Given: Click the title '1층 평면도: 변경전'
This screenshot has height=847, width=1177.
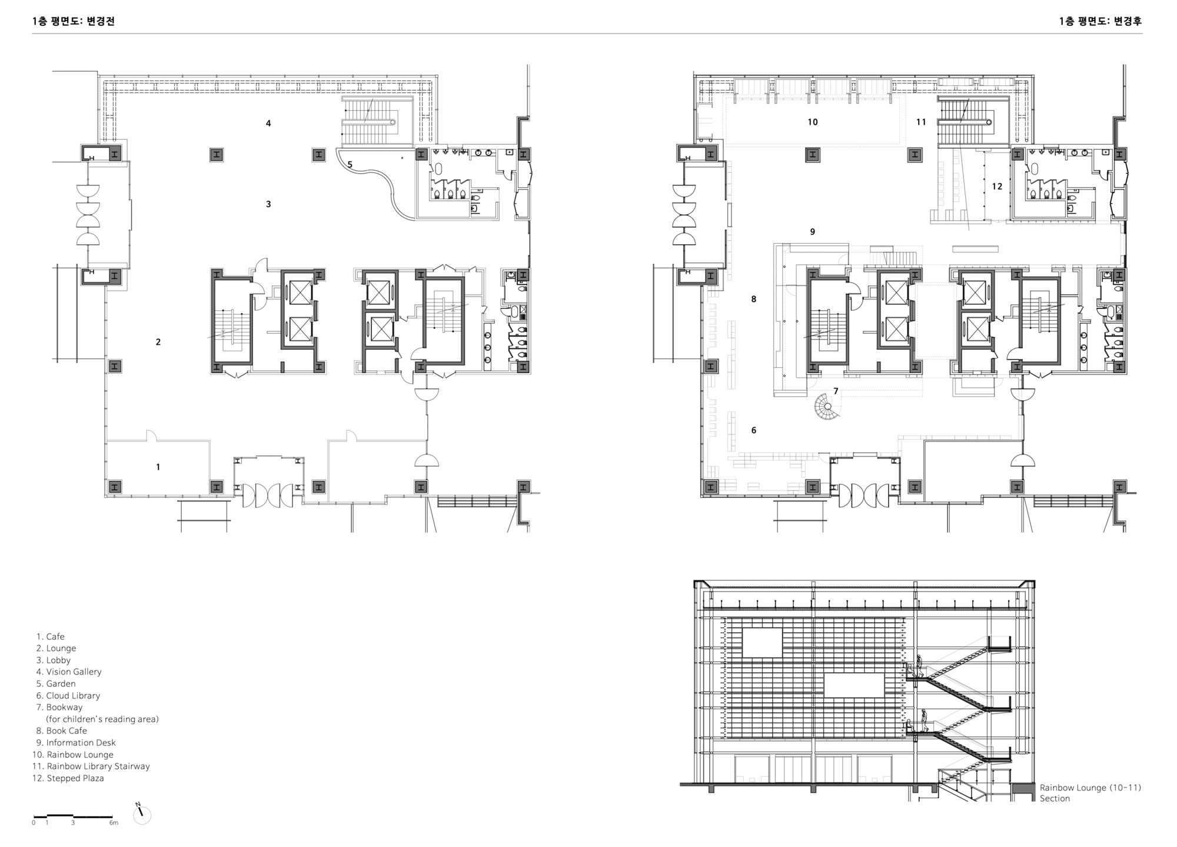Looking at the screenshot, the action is tap(74, 21).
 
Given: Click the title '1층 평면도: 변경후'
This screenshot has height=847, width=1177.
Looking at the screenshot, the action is tap(1100, 21).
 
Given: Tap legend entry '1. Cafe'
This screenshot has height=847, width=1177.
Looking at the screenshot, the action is tap(51, 636).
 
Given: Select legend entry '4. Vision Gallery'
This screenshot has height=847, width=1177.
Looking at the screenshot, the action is tap(69, 672).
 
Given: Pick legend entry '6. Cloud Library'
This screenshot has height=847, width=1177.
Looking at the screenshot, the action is tap(68, 695).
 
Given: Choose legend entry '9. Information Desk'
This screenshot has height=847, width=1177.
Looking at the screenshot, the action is tap(76, 743).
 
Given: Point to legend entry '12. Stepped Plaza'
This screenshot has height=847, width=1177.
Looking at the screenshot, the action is tap(68, 778).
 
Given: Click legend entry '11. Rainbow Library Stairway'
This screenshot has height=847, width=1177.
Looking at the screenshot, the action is tap(91, 766).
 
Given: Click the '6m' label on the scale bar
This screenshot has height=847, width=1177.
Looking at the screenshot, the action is tap(114, 823).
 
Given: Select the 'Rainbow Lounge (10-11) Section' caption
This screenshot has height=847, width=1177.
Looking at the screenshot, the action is tap(1090, 793).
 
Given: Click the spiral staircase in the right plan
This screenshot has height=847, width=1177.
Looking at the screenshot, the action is tap(827, 407).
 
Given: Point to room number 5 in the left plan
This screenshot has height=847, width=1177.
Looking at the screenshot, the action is tap(350, 164).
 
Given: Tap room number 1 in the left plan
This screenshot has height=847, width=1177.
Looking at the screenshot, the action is tap(158, 467).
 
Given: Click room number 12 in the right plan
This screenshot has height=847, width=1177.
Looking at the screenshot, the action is tap(997, 187).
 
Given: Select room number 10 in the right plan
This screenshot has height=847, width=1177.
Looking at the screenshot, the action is tap(813, 122).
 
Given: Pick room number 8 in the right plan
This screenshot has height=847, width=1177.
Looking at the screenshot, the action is tap(754, 299).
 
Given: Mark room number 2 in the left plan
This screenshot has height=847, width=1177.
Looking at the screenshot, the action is tap(158, 342).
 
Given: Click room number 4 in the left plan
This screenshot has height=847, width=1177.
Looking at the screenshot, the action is tap(268, 124).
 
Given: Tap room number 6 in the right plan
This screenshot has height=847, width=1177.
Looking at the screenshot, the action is tap(754, 430).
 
